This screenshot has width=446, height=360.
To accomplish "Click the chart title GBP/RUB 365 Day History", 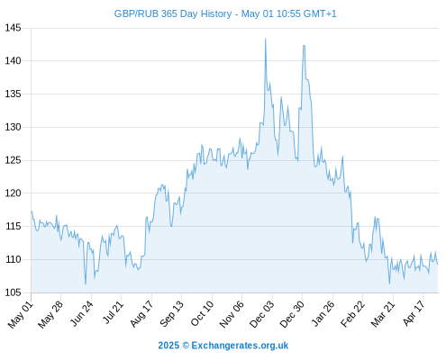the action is [x=173, y=14].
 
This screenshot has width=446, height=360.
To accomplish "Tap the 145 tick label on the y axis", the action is [x=13, y=28].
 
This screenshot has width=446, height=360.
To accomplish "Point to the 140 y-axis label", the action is [x=13, y=61].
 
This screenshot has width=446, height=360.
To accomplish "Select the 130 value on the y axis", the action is [x=13, y=127].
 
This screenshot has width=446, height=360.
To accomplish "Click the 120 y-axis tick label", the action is [x=13, y=193].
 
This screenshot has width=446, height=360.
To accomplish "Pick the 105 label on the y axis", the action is [x=13, y=292].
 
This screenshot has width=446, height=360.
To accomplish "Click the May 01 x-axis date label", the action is [x=20, y=315].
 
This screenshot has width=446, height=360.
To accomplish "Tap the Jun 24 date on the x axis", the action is [x=81, y=314].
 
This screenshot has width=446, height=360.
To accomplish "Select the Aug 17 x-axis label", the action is [x=141, y=314].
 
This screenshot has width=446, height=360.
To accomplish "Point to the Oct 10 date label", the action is [x=202, y=314].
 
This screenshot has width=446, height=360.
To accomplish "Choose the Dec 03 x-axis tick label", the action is [x=261, y=314].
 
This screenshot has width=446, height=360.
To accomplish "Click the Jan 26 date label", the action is [x=323, y=314].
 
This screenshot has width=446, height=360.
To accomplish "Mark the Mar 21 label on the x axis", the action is [x=383, y=314].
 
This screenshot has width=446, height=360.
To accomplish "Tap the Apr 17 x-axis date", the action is [x=414, y=313].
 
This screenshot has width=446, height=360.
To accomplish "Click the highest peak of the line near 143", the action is [x=266, y=39].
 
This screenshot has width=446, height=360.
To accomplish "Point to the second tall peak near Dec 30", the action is [x=304, y=46].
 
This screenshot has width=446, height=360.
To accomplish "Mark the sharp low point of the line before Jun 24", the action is [x=86, y=283].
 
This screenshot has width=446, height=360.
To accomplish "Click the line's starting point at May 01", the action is [x=32, y=211].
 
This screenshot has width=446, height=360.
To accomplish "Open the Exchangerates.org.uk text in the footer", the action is [x=240, y=346].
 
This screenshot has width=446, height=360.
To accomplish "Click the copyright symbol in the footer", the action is [x=186, y=346].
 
